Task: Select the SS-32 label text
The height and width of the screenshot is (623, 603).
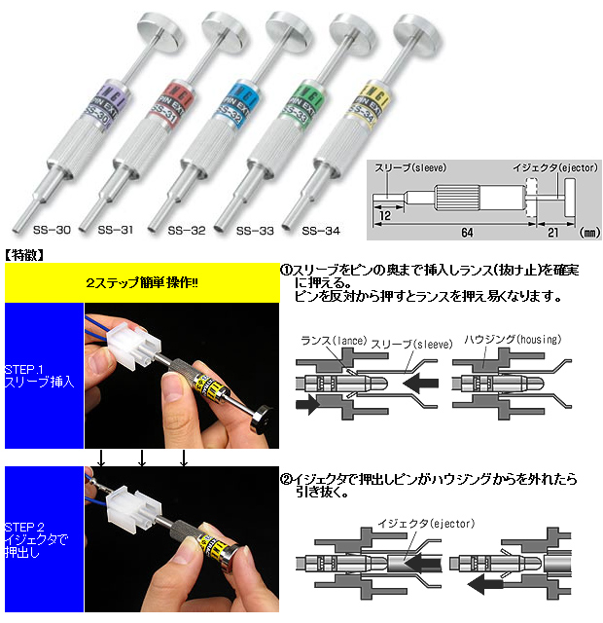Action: pyautogui.click(x=186, y=231)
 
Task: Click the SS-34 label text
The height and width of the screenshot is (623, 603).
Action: pyautogui.click(x=320, y=231)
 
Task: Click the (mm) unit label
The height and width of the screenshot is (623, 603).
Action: pyautogui.click(x=586, y=233)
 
